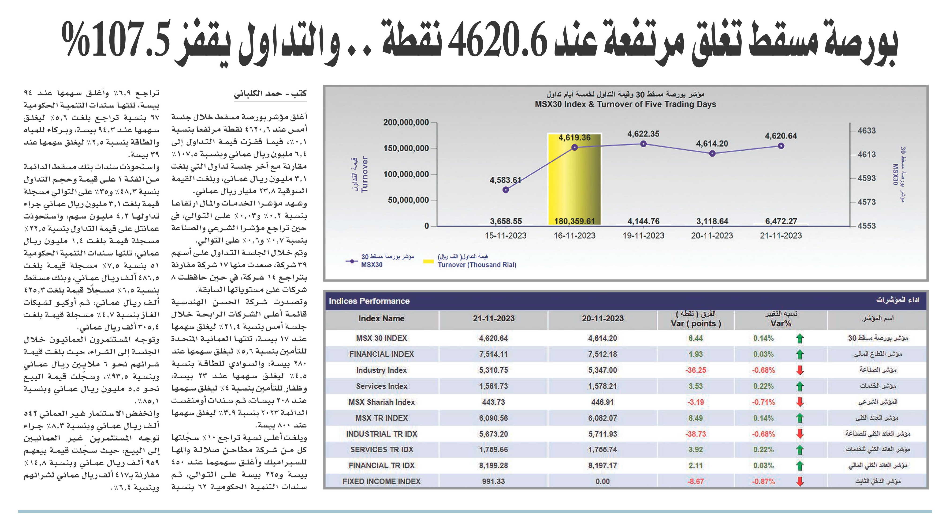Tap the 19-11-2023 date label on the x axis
click(x=643, y=236)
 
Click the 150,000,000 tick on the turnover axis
click(x=406, y=148)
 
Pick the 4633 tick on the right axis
click(x=867, y=131)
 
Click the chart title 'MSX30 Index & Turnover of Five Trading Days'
click(x=625, y=104)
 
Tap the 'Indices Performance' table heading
click(x=369, y=301)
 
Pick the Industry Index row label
click(x=381, y=370)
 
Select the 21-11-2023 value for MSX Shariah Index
click(x=493, y=402)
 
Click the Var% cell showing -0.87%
click(x=763, y=482)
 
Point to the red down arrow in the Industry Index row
click(x=800, y=370)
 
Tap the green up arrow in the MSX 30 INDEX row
click(x=800, y=338)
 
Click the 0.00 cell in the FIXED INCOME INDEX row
click(x=603, y=482)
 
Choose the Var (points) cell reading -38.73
click(x=696, y=434)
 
